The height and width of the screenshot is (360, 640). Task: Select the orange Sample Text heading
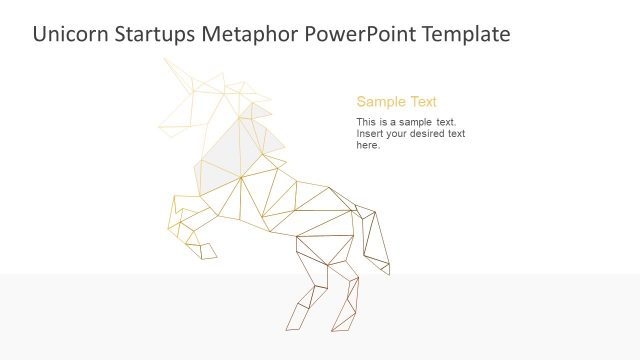[396, 102]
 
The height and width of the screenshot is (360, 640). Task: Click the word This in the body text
[365, 122]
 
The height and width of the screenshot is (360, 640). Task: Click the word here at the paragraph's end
[367, 145]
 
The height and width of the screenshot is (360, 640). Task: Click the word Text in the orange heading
[421, 102]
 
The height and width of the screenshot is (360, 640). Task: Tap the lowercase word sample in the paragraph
[420, 122]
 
